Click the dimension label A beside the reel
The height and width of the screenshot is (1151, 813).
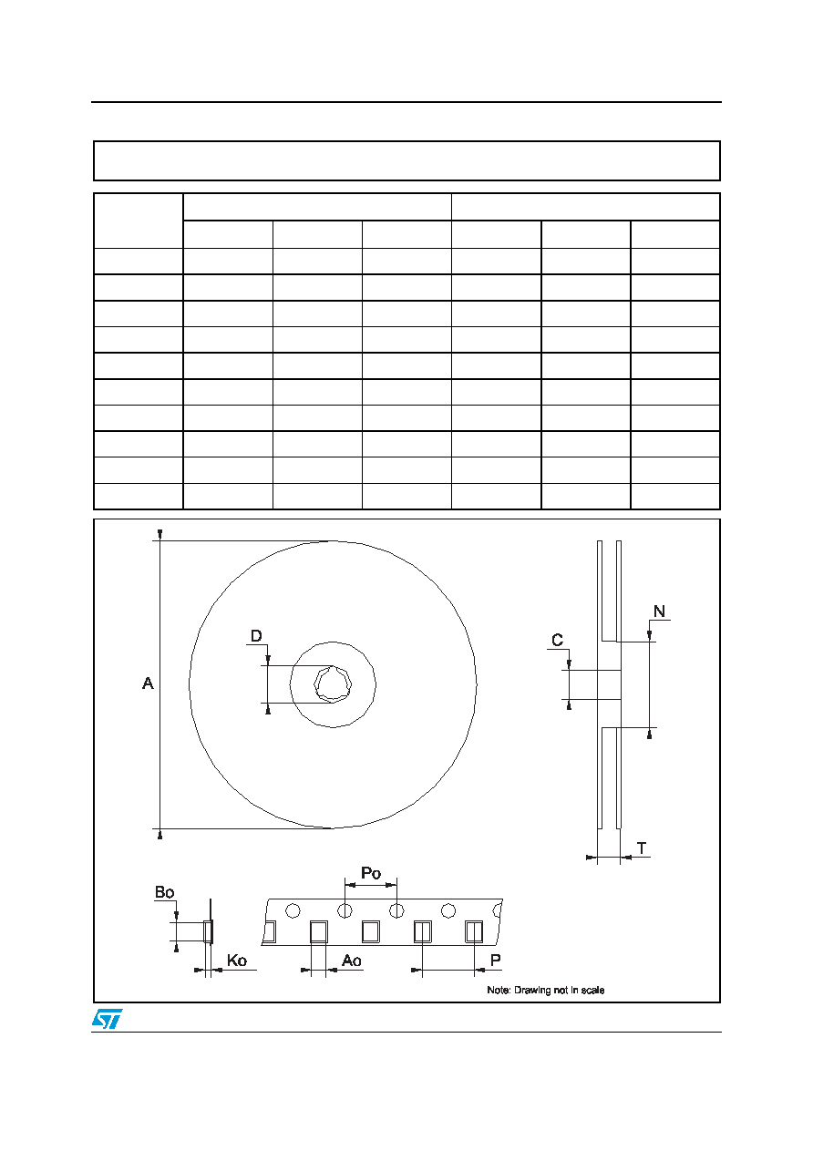(148, 683)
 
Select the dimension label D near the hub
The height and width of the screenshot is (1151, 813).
(256, 636)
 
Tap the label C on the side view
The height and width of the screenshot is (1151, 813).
(557, 640)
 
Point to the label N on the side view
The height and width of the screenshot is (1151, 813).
(659, 611)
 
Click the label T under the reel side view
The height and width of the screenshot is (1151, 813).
(642, 848)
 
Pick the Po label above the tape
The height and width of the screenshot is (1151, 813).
(371, 873)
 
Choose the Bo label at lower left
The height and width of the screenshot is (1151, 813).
(164, 892)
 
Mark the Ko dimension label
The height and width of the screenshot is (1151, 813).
(237, 960)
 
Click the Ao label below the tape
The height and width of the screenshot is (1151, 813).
(352, 960)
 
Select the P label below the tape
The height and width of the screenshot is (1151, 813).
(496, 960)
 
